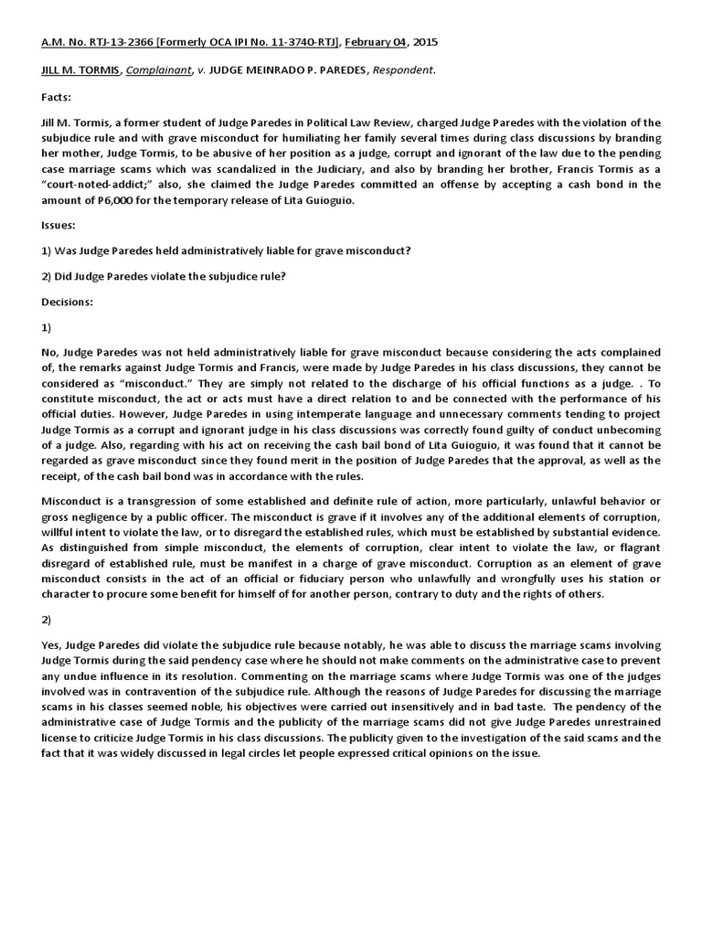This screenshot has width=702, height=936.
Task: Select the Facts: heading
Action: click(x=58, y=96)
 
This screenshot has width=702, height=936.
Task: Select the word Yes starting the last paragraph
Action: click(x=52, y=645)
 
